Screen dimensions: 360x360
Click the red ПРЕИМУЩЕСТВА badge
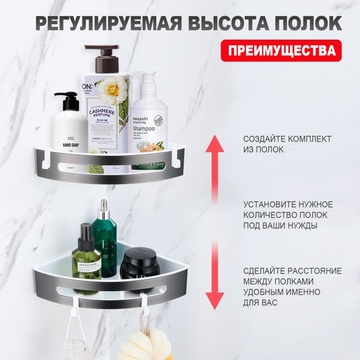281,50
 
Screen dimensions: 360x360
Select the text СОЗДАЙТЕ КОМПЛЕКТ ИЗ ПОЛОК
280,144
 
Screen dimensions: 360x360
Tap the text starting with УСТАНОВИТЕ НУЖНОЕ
288,215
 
